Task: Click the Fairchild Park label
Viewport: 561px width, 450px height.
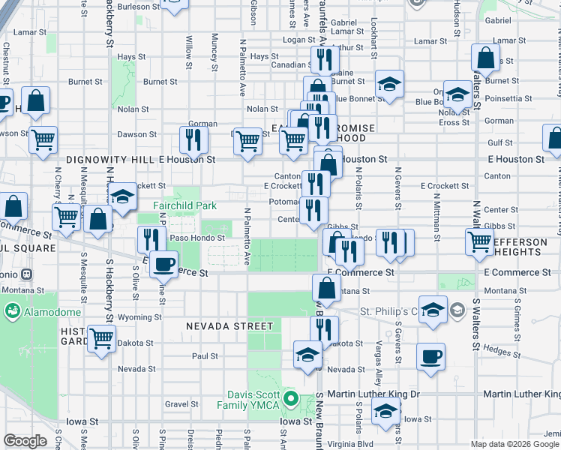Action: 184,205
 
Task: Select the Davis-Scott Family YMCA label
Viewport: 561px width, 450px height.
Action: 254,400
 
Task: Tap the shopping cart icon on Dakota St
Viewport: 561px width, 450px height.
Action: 101,337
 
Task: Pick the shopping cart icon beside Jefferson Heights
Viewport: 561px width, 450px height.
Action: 479,241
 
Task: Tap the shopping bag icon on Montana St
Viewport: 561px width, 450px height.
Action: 326,286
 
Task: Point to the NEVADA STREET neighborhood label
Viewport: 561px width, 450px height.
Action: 230,326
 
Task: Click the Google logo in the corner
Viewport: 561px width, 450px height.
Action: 25,442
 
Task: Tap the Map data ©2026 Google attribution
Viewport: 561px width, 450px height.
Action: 514,444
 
